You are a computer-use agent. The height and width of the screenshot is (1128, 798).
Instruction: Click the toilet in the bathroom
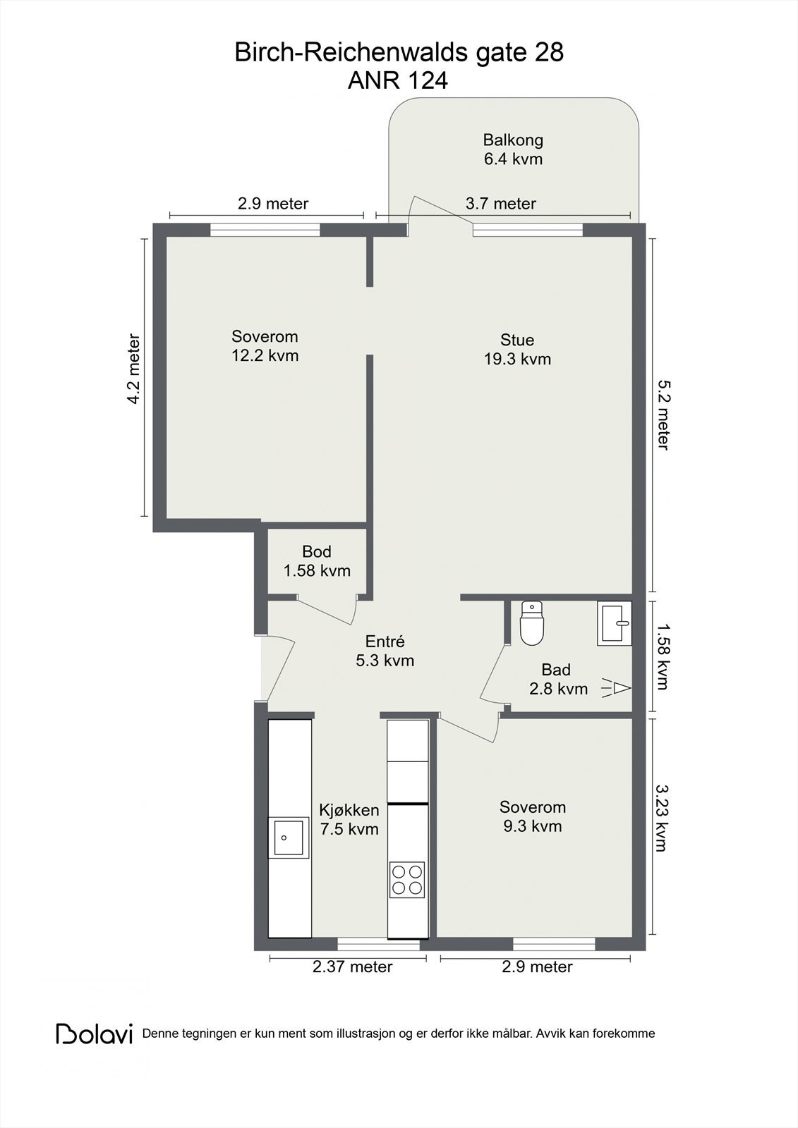pyautogui.click(x=531, y=624)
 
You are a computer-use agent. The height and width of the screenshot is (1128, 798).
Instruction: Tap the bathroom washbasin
pyautogui.click(x=614, y=623)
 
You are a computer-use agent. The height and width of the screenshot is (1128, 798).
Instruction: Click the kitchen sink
pyautogui.click(x=288, y=838)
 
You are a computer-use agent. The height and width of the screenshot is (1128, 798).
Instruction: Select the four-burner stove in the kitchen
pyautogui.click(x=407, y=879)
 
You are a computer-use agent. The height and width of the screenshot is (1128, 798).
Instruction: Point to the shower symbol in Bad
pyautogui.click(x=617, y=687)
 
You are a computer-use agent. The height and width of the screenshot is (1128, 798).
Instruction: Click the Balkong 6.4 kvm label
pyautogui.click(x=513, y=149)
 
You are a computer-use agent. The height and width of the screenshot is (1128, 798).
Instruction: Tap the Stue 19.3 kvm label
pyautogui.click(x=517, y=350)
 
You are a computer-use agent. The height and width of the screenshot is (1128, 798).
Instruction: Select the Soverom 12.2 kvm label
pyautogui.click(x=265, y=345)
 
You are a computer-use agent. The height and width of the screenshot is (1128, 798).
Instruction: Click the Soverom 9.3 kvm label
pyautogui.click(x=533, y=816)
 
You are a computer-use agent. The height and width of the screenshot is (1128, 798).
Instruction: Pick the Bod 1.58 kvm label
pyautogui.click(x=317, y=561)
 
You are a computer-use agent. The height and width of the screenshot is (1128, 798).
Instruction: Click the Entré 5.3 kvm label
pyautogui.click(x=385, y=651)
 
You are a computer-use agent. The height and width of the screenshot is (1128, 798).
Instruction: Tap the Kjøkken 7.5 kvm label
pyautogui.click(x=349, y=819)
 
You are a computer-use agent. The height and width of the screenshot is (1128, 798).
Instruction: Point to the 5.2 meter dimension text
pyautogui.click(x=662, y=415)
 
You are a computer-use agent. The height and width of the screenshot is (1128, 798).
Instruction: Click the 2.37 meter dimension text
pyautogui.click(x=352, y=967)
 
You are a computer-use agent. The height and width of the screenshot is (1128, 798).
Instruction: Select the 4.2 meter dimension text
pyautogui.click(x=133, y=369)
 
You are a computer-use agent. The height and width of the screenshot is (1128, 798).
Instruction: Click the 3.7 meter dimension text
pyautogui.click(x=501, y=204)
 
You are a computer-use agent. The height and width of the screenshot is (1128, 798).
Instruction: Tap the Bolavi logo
pyautogui.click(x=95, y=1034)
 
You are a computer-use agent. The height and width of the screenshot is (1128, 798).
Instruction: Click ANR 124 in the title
pyautogui.click(x=398, y=81)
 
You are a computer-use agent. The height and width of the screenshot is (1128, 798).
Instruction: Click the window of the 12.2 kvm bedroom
pyautogui.click(x=265, y=229)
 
